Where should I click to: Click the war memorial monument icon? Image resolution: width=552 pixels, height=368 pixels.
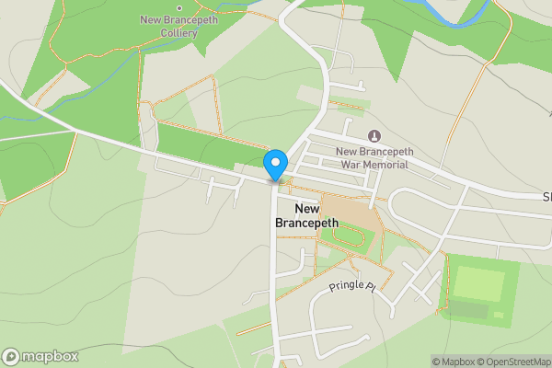coord(373,136)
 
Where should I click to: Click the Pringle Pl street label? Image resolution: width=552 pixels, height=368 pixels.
coord(353,287)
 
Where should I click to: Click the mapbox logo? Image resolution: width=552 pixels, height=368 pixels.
coord(40,356)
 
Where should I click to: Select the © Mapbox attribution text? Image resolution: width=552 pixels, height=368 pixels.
coord(453,362)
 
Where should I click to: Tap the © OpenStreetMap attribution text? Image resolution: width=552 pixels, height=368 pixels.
coord(513,362)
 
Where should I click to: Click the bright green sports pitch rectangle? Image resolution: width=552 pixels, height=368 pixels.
coord(479,283)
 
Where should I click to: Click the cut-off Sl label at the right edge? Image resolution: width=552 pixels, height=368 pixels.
coord(546,197)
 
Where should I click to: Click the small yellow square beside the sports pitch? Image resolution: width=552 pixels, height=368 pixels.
coord(498,315)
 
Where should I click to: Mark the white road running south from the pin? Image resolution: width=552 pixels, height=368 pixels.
coord(274,276)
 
